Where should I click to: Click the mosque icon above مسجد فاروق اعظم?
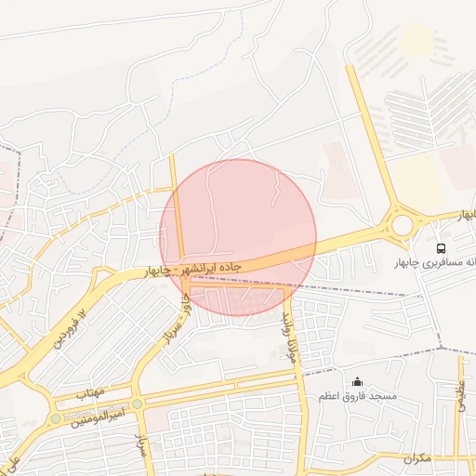click(x=358, y=381)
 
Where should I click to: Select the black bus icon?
click(x=441, y=248)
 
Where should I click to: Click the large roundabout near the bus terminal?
click(x=402, y=224)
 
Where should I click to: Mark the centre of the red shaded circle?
click(x=239, y=237)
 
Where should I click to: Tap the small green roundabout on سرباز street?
click(x=138, y=404)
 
